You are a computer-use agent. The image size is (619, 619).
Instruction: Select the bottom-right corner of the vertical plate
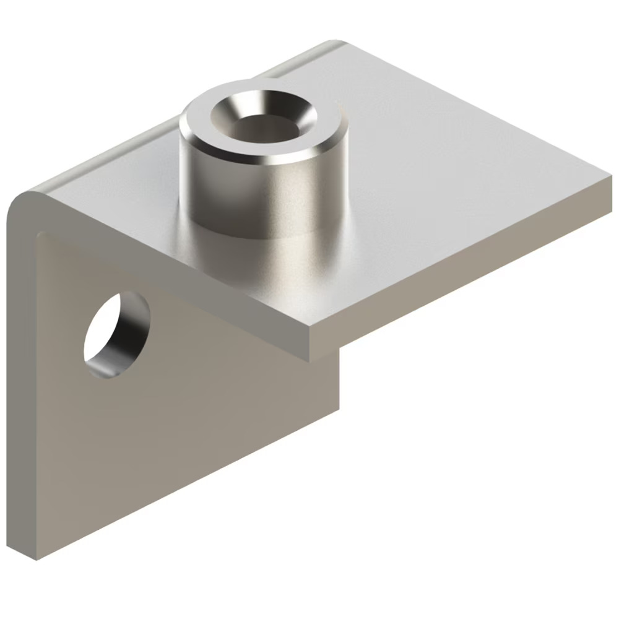[340, 409]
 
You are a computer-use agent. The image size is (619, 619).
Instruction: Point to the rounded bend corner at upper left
[25, 201]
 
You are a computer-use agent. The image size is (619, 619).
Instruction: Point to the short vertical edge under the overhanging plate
[340, 378]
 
